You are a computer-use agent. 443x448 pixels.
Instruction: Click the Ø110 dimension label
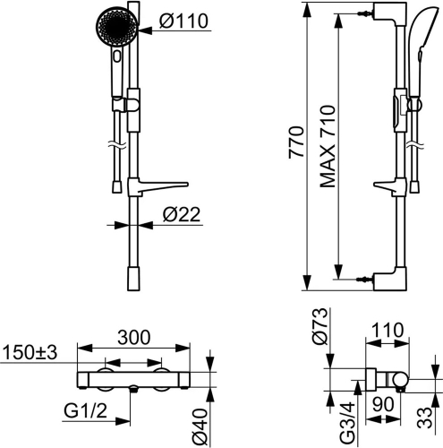pyautogui.click(x=183, y=21)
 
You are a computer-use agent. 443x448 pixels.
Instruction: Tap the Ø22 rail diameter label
pyautogui.click(x=182, y=214)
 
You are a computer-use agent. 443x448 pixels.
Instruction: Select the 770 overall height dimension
pyautogui.click(x=296, y=142)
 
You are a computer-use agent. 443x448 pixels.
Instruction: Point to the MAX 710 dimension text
pyautogui.click(x=328, y=146)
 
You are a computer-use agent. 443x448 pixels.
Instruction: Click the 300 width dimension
pyautogui.click(x=134, y=338)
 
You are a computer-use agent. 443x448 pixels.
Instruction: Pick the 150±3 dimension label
pyautogui.click(x=30, y=352)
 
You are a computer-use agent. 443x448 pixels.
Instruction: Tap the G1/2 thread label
pyautogui.click(x=85, y=411)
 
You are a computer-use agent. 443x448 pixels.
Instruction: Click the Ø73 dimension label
pyautogui.click(x=319, y=326)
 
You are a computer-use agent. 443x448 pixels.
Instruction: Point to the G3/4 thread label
pyautogui.click(x=348, y=422)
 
